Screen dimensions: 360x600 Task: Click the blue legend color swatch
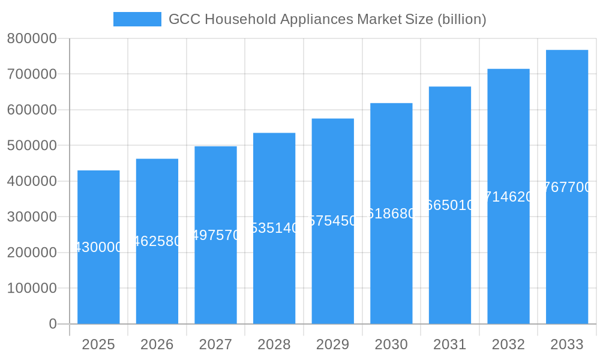[x=137, y=19]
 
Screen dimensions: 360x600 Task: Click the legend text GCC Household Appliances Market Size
[x=327, y=19]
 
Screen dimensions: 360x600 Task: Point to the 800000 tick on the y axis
[x=32, y=39]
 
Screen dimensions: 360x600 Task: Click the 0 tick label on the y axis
[x=53, y=324]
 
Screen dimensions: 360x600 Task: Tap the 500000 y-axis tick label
[x=32, y=146]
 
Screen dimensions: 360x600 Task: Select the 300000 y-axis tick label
[x=32, y=217]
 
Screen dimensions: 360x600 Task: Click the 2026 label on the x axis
[x=157, y=344]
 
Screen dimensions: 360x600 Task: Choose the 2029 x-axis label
[x=332, y=344]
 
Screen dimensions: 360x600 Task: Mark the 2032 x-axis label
[x=508, y=344]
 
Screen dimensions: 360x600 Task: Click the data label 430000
[x=98, y=247]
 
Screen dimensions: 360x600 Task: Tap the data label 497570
[x=216, y=235]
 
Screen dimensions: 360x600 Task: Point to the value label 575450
[x=333, y=221]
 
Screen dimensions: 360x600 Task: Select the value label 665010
[x=450, y=205]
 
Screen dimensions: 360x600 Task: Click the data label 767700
[x=567, y=187]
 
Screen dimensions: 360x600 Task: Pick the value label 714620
[x=508, y=197]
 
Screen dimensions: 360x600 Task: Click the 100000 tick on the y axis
[x=32, y=289]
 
